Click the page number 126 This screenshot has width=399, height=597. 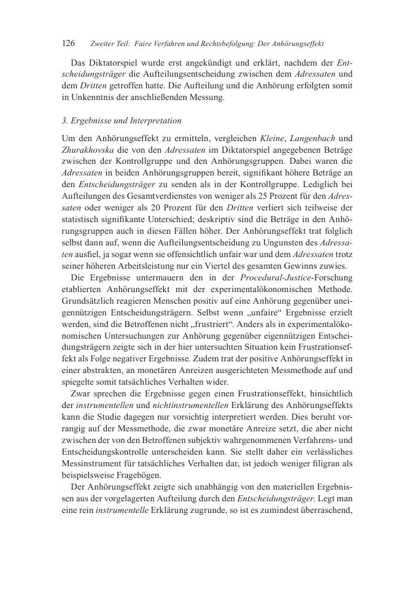[69, 44]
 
